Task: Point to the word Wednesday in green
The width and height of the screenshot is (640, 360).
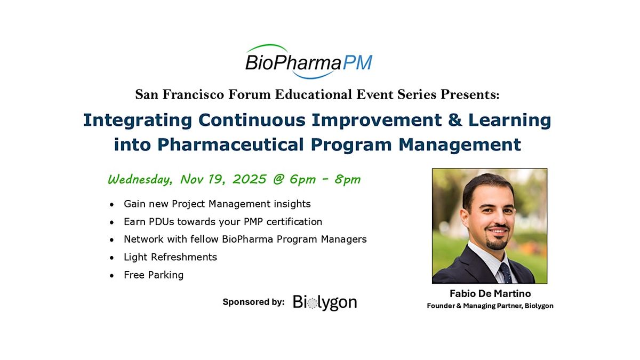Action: point(140,180)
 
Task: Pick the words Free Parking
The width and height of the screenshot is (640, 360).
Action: point(154,275)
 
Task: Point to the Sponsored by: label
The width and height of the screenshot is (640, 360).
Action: point(253,302)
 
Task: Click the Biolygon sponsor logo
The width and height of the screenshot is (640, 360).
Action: point(325,303)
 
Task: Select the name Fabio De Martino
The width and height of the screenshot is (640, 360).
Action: point(490,294)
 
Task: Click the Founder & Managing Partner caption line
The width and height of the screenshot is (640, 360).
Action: point(490,306)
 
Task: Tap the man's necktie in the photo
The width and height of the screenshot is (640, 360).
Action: point(505,272)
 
